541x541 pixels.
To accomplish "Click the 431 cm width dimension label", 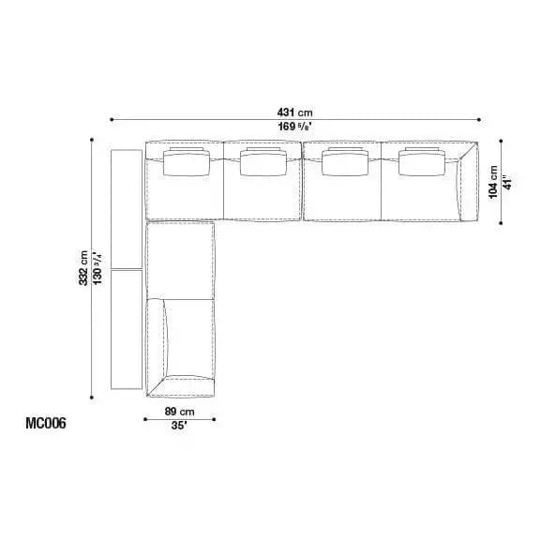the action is click(294, 113).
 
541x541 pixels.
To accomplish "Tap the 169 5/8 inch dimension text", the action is click(295, 127).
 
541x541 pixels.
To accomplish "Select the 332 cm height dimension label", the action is click(83, 268).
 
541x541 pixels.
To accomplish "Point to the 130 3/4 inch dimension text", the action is click(98, 268).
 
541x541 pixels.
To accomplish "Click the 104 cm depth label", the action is click(493, 182).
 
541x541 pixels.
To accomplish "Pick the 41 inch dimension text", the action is click(507, 182).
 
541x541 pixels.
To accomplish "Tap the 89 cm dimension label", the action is click(179, 412).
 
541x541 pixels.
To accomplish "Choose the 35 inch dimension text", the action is click(179, 426).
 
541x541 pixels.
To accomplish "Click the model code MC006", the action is click(46, 424).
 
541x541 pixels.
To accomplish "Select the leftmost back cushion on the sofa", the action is click(187, 162).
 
